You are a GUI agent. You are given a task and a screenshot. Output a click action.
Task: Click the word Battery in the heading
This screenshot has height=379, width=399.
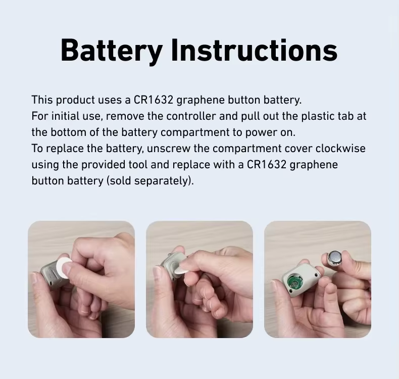[x=112, y=51]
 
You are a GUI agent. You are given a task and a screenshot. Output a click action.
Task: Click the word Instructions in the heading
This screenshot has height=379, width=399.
[x=255, y=50]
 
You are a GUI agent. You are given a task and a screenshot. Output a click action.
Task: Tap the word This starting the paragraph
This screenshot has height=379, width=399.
[x=42, y=100]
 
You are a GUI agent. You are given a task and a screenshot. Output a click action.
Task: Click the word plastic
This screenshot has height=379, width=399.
[x=318, y=117]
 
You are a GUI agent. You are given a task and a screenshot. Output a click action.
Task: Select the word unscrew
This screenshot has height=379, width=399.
[x=169, y=149]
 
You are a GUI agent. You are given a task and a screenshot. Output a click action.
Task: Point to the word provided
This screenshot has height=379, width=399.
[x=104, y=165]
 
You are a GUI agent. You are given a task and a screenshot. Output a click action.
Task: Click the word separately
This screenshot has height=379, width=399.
[x=162, y=181]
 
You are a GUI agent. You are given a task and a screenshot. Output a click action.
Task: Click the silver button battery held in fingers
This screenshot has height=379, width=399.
[x=334, y=259]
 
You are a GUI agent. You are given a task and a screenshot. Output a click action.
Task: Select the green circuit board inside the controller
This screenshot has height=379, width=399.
[x=294, y=282]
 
